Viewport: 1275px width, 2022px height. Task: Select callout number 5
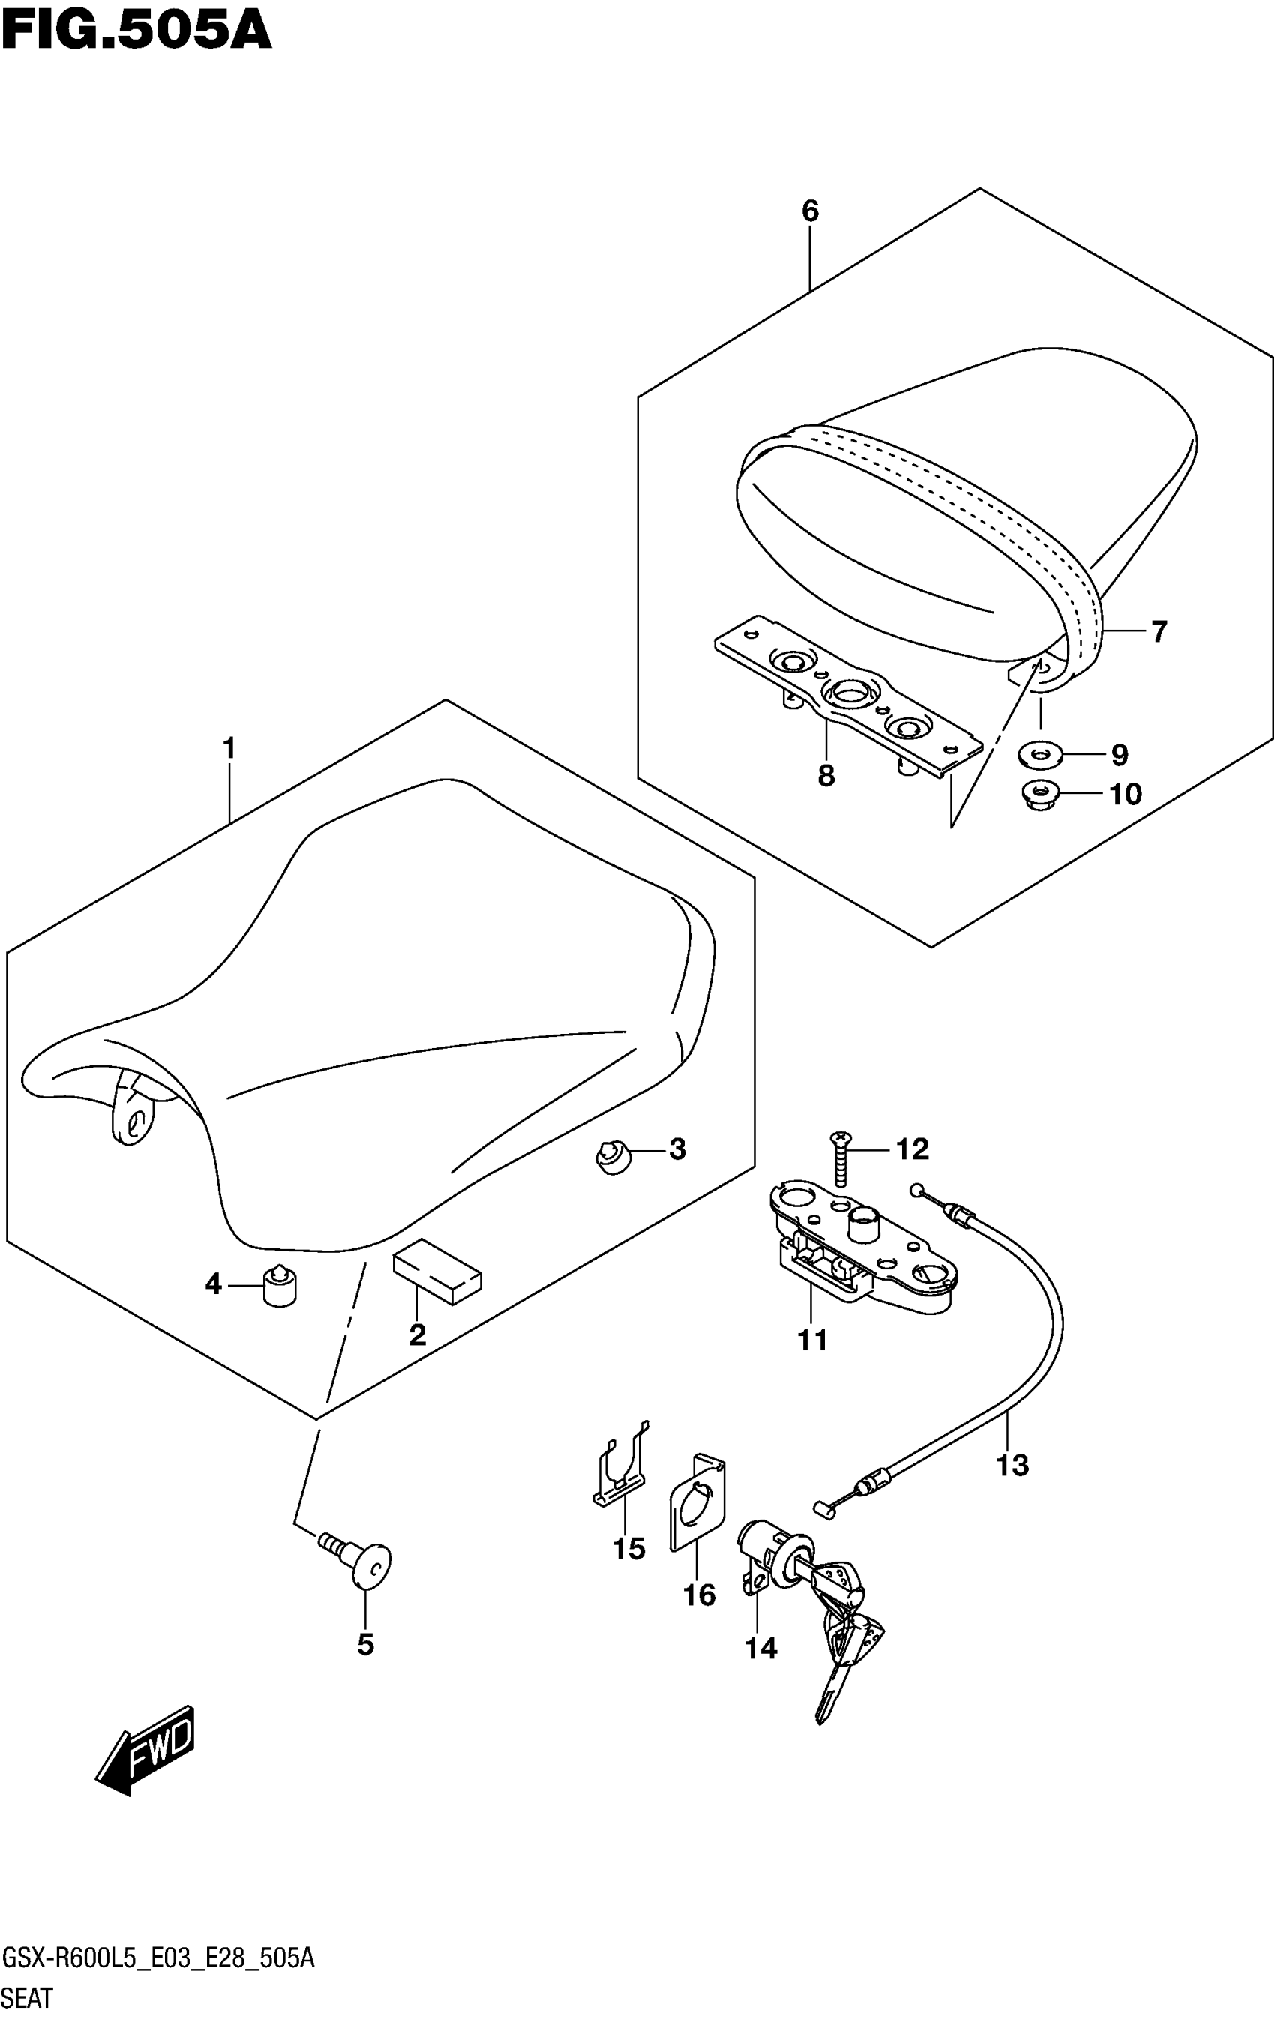pyautogui.click(x=365, y=1644)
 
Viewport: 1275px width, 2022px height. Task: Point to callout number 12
pyautogui.click(x=913, y=1149)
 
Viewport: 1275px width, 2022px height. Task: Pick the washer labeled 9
pyautogui.click(x=1039, y=755)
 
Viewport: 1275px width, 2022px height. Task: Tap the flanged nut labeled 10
pyautogui.click(x=1039, y=792)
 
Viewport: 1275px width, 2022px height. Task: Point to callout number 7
pyautogui.click(x=1159, y=631)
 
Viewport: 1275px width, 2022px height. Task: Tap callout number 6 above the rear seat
pyautogui.click(x=810, y=211)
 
